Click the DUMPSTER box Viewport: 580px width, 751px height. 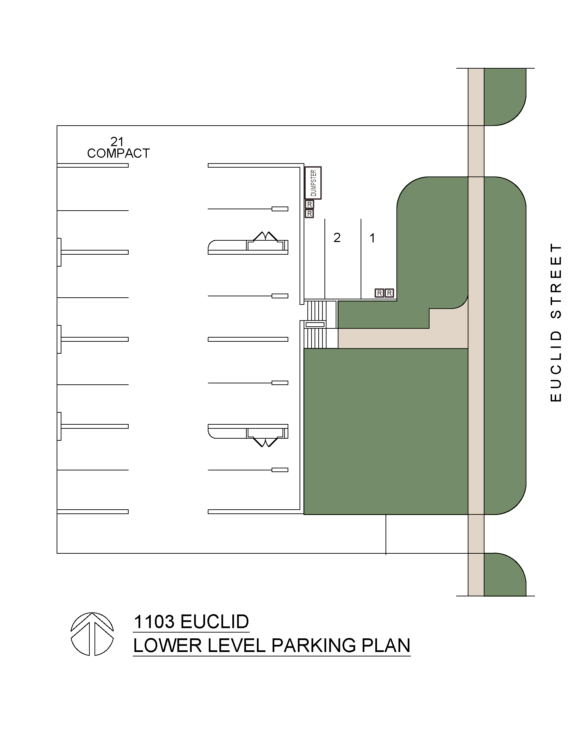(313, 183)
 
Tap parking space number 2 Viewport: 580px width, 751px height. (337, 238)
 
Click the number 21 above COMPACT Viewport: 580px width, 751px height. (117, 141)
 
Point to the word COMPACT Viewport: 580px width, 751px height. (118, 153)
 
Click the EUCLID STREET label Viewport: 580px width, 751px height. (555, 322)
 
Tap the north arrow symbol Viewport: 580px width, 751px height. (92, 634)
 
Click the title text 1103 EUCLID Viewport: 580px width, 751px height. (191, 622)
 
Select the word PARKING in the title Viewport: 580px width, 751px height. (314, 646)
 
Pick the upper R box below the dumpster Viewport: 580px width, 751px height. (309, 204)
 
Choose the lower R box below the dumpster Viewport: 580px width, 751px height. (309, 214)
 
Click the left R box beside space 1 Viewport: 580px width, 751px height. (379, 293)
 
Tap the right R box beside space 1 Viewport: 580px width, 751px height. (389, 293)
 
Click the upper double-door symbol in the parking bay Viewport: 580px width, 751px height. (265, 237)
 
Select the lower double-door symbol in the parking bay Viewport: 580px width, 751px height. (265, 441)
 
